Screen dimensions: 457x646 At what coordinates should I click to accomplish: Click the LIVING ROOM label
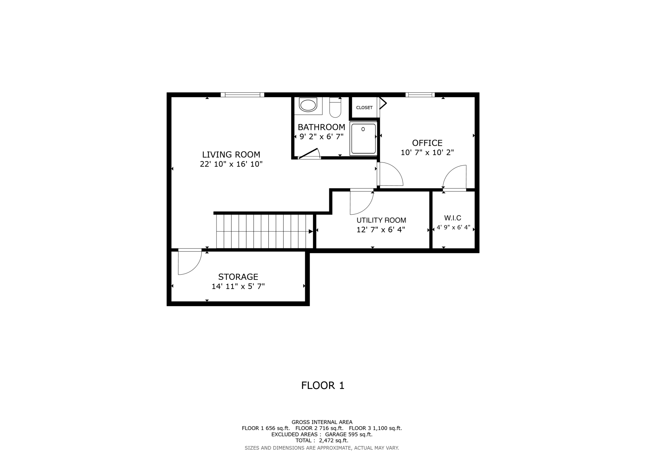pyautogui.click(x=231, y=155)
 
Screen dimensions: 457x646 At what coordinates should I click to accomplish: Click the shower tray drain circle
pyautogui.click(x=363, y=129)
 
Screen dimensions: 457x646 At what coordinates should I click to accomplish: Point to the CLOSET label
pyautogui.click(x=364, y=108)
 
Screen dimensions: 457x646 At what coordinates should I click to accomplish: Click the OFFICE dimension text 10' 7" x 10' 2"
pyautogui.click(x=427, y=153)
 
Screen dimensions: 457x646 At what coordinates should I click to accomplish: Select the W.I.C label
pyautogui.click(x=453, y=218)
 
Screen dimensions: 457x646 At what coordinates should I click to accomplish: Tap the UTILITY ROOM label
pyautogui.click(x=381, y=220)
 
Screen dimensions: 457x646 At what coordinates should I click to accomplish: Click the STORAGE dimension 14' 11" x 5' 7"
pyautogui.click(x=238, y=286)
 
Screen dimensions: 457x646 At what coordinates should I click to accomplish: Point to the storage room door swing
pyautogui.click(x=188, y=263)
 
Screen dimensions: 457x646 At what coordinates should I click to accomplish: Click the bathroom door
pyautogui.click(x=309, y=154)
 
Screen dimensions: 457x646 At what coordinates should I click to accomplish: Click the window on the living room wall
pyautogui.click(x=242, y=95)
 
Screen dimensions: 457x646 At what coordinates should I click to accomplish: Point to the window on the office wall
pyautogui.click(x=420, y=95)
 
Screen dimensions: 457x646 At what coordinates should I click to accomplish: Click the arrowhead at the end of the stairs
pyautogui.click(x=311, y=231)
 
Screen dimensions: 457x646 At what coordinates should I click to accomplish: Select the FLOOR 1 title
pyautogui.click(x=323, y=385)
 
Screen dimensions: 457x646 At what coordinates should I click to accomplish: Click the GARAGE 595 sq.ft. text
pyautogui.click(x=348, y=434)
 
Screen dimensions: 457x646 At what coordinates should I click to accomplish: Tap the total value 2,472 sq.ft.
pyautogui.click(x=333, y=441)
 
